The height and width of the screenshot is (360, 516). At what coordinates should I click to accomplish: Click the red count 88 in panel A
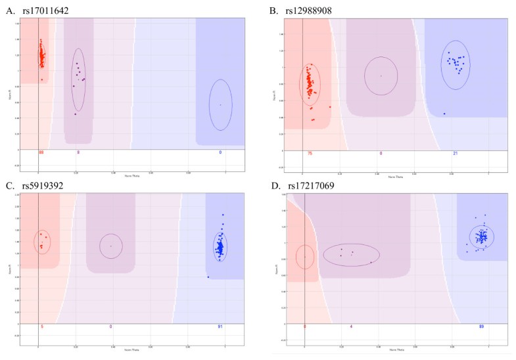41,152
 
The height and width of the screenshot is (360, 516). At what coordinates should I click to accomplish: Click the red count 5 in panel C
42,326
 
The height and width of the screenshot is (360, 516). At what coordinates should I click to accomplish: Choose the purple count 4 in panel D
352,326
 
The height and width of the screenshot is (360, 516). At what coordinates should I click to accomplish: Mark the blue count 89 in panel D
482,326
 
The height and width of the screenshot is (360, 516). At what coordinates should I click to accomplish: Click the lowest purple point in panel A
76,114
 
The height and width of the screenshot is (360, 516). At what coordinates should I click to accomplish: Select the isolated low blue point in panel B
444,114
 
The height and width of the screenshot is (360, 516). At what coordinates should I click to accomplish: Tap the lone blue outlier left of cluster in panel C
208,277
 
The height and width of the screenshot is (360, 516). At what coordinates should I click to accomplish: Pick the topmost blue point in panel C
223,215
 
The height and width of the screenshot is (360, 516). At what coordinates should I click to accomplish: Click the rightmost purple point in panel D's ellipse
371,262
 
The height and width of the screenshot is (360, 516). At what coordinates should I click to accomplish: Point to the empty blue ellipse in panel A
220,104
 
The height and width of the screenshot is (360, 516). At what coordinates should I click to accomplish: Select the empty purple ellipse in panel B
381,76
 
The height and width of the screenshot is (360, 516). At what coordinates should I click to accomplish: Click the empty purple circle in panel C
110,246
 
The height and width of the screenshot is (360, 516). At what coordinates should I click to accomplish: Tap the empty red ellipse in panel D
305,256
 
